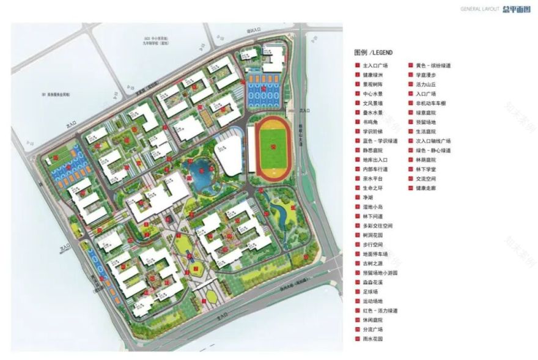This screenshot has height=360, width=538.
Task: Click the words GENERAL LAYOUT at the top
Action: pyautogui.click(x=480, y=9)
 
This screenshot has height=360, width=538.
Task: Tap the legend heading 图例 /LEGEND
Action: pyautogui.click(x=372, y=53)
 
